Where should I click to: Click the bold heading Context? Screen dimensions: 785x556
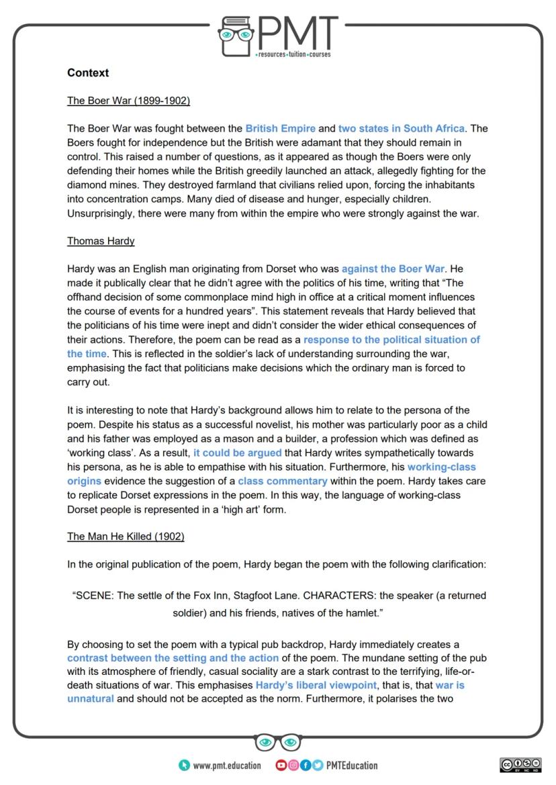(88, 73)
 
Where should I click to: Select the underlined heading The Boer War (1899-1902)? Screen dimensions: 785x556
(128, 101)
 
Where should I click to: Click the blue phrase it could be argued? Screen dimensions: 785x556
(238, 453)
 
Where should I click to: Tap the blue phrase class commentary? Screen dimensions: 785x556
(283, 481)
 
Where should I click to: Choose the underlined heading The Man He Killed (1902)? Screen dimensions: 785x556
(126, 537)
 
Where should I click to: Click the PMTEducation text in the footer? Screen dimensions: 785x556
(351, 766)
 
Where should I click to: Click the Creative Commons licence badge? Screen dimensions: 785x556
(520, 766)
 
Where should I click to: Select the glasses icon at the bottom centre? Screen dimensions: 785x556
(278, 742)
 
